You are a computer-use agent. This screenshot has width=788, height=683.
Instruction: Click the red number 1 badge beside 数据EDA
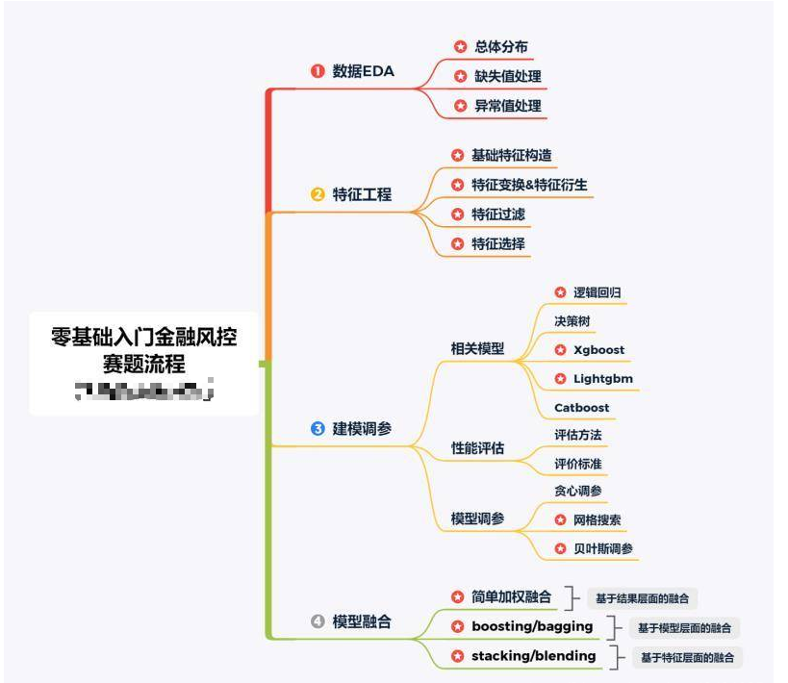[318, 71]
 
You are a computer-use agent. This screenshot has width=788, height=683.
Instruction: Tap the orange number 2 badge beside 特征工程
[318, 194]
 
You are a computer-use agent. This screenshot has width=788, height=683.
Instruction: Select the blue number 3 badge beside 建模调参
[318, 429]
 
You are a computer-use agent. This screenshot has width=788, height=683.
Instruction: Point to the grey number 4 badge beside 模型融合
[318, 621]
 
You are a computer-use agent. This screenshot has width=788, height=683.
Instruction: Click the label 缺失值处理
[508, 76]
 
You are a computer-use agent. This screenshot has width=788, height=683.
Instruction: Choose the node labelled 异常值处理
[508, 106]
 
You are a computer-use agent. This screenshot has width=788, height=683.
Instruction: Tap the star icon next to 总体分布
[460, 46]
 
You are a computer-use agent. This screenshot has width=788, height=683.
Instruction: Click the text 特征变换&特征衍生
[529, 185]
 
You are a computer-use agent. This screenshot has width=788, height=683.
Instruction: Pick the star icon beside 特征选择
[457, 244]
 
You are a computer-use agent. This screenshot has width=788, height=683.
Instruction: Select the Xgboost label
[598, 350]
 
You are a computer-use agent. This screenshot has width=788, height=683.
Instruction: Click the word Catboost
[581, 408]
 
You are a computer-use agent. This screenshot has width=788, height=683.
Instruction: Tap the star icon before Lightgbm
[560, 379]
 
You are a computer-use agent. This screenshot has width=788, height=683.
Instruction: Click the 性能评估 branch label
[477, 449]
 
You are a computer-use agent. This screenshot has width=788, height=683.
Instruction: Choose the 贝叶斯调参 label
[603, 549]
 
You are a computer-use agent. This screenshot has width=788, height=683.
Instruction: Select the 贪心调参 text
[578, 491]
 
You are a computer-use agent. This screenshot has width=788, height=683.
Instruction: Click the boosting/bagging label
[532, 626]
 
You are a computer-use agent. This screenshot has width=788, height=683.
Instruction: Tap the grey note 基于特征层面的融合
[687, 658]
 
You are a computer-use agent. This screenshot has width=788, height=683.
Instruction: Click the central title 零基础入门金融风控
[144, 338]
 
